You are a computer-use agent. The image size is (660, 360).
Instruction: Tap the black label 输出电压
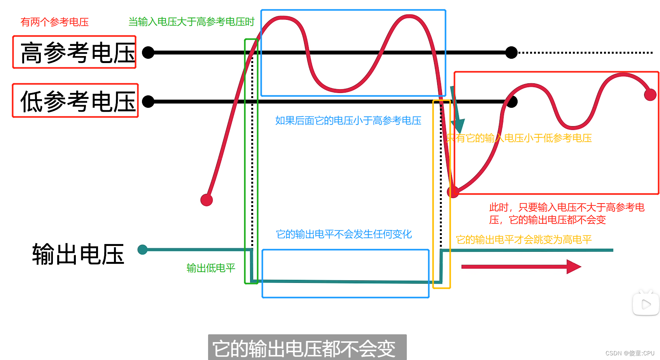point(78,255)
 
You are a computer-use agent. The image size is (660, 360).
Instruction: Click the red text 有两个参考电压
point(54,22)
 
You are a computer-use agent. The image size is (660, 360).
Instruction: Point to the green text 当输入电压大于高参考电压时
point(191,22)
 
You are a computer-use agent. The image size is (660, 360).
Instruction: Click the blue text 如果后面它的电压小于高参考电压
point(348,121)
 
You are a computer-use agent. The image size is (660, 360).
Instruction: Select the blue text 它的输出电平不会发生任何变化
point(344,234)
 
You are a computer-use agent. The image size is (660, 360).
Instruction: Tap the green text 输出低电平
point(211,268)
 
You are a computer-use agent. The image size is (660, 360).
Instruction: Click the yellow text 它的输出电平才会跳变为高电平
point(523,240)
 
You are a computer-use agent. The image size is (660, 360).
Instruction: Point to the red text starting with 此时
point(567,214)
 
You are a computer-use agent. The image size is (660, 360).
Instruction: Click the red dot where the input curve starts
point(207,200)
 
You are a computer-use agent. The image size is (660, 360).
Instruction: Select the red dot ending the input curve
point(650,95)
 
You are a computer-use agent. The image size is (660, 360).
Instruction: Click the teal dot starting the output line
point(143,249)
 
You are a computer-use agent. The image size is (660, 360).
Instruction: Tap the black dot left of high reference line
point(148,53)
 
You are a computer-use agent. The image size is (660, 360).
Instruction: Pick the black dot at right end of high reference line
point(511,53)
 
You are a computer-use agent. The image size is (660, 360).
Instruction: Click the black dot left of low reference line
point(148,102)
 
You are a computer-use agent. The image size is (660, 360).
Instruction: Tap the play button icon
point(646,304)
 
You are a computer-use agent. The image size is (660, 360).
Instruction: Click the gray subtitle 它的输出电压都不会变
point(307,348)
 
